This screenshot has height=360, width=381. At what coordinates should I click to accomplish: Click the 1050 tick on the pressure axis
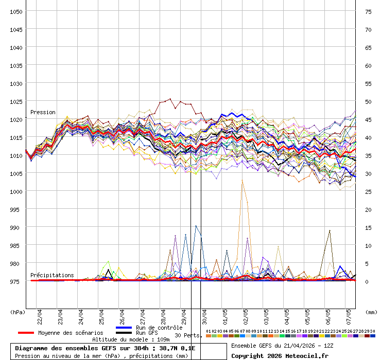tap(16, 11)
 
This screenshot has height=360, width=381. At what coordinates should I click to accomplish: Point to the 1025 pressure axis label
tap(16, 101)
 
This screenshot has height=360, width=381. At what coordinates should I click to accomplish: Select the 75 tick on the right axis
tap(368, 11)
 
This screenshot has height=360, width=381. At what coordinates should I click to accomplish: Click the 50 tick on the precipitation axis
tap(368, 101)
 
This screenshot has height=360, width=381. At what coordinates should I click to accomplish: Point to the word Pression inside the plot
tap(43, 112)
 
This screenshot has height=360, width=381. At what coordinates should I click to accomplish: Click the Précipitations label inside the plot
tap(52, 275)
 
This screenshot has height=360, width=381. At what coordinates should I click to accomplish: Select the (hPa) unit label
tap(18, 312)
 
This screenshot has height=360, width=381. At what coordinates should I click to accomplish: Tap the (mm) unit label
tap(371, 312)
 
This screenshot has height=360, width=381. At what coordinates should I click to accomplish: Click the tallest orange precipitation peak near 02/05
tap(242, 181)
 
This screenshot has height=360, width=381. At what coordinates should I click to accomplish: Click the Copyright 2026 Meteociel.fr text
tap(280, 355)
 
